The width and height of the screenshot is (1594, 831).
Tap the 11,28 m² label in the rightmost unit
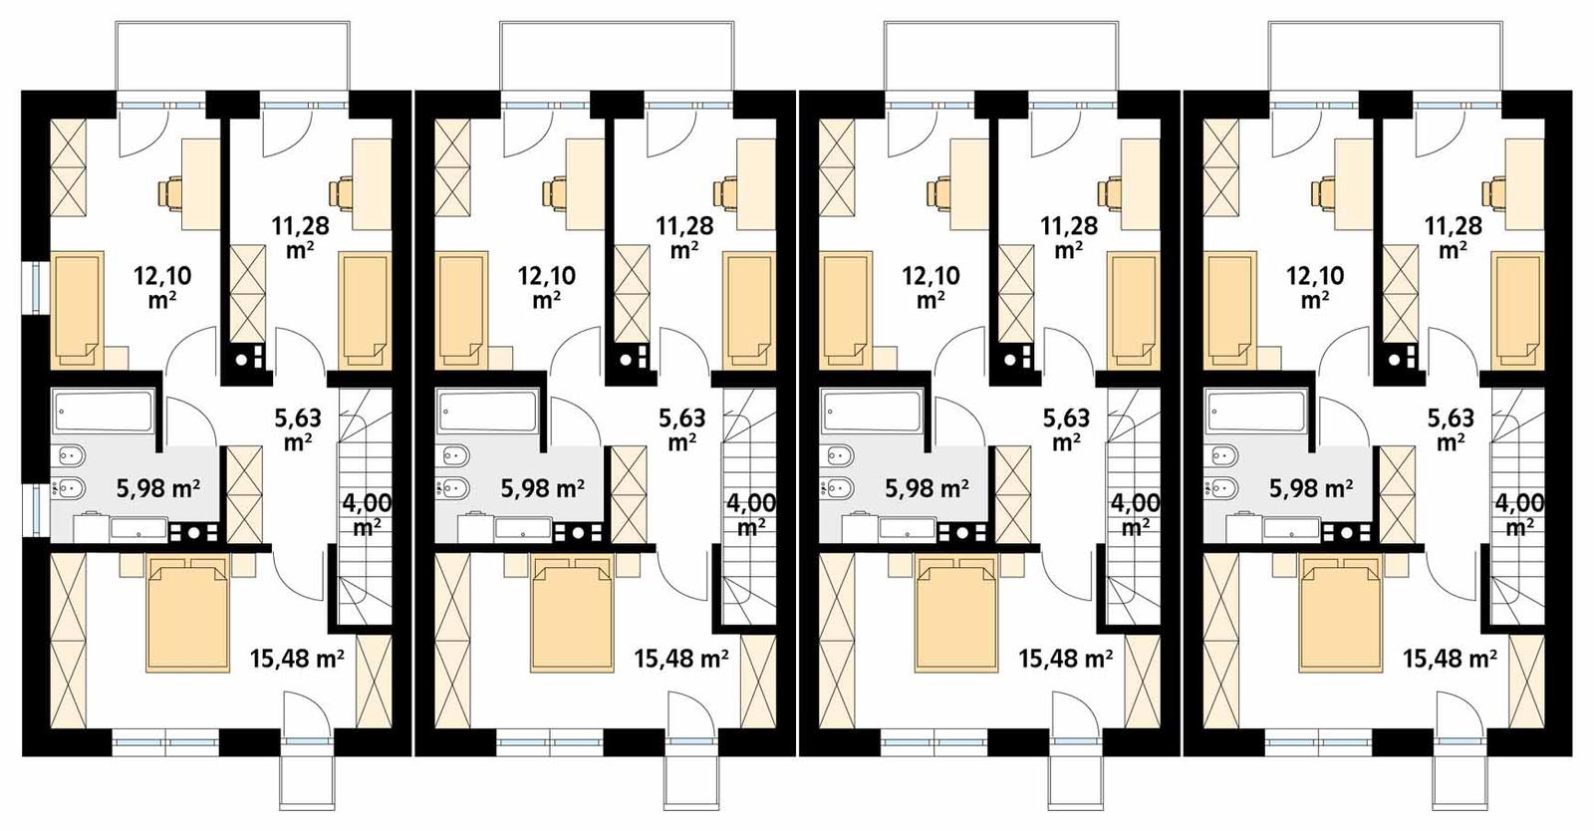[1453, 237]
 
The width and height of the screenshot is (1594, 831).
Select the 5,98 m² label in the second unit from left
[542, 488]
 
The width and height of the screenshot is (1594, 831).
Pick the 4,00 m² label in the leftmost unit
[367, 514]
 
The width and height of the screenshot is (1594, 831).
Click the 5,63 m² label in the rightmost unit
[1452, 429]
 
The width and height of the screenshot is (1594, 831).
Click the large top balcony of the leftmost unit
[233, 56]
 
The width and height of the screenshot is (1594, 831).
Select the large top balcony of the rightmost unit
[1386, 56]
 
